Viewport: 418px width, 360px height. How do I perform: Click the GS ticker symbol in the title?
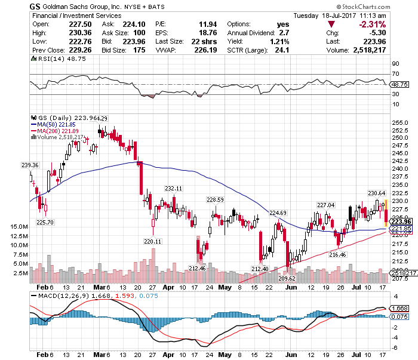point(35,5)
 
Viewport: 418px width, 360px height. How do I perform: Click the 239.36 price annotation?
point(29,165)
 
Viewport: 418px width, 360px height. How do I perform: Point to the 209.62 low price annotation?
point(287,278)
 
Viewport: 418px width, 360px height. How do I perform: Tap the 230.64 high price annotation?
point(376,192)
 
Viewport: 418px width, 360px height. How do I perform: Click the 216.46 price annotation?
point(337,254)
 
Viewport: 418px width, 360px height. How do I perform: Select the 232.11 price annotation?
point(173,188)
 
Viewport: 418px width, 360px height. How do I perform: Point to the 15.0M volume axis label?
point(20,227)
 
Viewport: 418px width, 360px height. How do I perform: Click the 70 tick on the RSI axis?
point(395,73)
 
